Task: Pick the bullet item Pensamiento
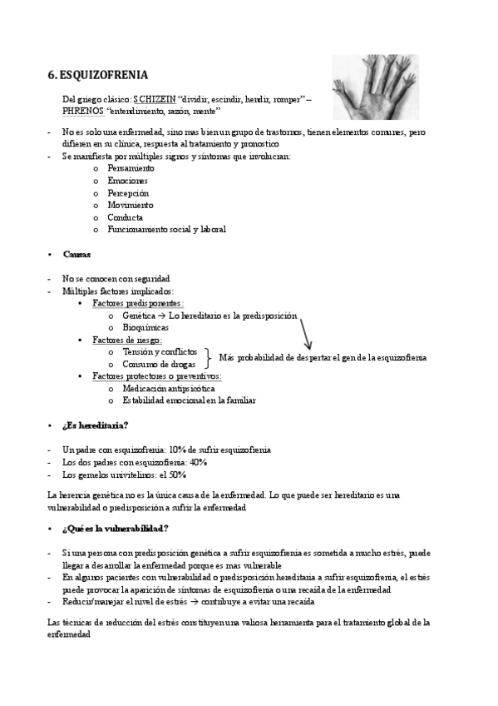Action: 131,168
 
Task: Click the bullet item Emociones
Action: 127,181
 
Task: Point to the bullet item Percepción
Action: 128,193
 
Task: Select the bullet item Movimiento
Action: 130,205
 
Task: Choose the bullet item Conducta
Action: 126,217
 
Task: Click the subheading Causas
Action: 76,254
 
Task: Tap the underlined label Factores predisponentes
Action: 137,304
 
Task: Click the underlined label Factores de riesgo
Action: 126,340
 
